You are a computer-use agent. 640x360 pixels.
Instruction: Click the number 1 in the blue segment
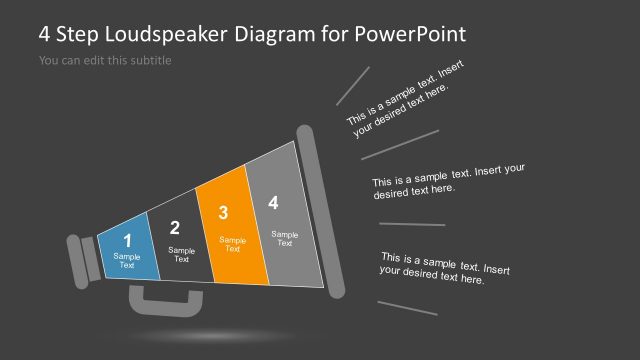pyautogui.click(x=127, y=241)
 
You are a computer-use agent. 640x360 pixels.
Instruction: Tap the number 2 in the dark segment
pyautogui.click(x=175, y=228)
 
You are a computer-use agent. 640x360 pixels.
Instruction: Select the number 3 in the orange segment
pyautogui.click(x=223, y=212)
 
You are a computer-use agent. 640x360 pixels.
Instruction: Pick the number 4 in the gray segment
pyautogui.click(x=273, y=203)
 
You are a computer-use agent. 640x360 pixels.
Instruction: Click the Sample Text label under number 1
pyautogui.click(x=127, y=262)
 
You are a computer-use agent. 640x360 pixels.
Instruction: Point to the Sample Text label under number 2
pyautogui.click(x=181, y=255)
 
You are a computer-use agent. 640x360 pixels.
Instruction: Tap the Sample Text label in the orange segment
pyautogui.click(x=232, y=244)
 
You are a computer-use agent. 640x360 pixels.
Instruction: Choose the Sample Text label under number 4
pyautogui.click(x=285, y=239)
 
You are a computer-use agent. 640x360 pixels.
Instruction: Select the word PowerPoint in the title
pyautogui.click(x=411, y=34)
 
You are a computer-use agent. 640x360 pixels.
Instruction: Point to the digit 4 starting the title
pyautogui.click(x=45, y=34)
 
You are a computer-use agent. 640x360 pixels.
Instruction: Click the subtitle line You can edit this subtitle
pyautogui.click(x=105, y=61)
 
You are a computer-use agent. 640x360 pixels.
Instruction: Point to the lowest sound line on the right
pyautogui.click(x=407, y=308)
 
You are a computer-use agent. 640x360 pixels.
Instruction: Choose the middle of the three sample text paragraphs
pyautogui.click(x=448, y=180)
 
